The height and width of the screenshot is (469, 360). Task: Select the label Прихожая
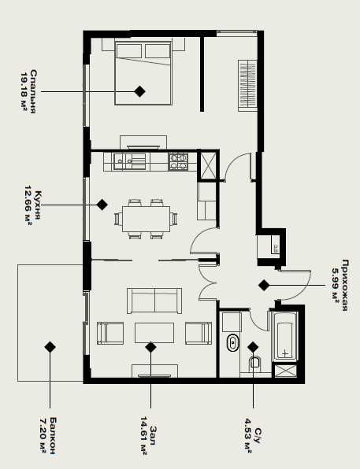(345, 286)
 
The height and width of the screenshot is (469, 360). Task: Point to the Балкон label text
(53, 436)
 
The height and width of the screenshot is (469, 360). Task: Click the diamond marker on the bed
(139, 91)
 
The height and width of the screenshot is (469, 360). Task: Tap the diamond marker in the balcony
(50, 347)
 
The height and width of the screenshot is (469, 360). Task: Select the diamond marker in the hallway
(264, 286)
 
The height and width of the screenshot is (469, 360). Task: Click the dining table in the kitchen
(147, 219)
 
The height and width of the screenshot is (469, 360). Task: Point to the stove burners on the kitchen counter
(178, 161)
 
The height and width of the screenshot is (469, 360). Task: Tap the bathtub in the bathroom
(284, 335)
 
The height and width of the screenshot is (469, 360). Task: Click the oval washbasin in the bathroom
(232, 343)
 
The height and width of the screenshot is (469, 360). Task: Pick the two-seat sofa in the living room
(154, 301)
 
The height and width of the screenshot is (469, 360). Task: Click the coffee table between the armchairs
(154, 333)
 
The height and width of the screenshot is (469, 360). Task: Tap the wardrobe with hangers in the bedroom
(247, 86)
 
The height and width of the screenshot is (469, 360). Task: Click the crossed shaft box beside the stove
(208, 165)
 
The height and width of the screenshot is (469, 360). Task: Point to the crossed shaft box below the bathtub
(286, 371)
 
